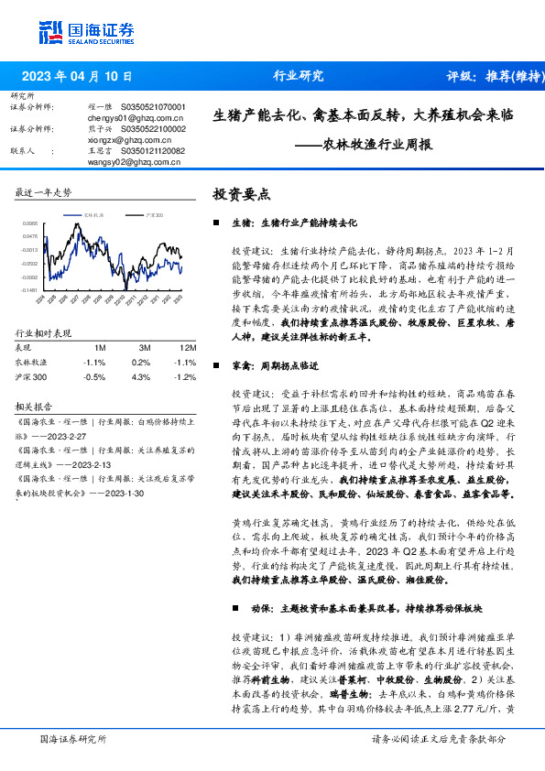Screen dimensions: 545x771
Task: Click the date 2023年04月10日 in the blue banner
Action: [x=76, y=77]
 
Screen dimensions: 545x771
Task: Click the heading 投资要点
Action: [x=241, y=194]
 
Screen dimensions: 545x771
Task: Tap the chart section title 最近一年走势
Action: [x=43, y=192]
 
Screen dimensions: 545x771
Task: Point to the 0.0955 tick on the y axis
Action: [x=30, y=223]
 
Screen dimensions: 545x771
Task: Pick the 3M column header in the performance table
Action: [x=145, y=348]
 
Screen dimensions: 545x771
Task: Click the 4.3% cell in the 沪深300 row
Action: [x=141, y=376]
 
